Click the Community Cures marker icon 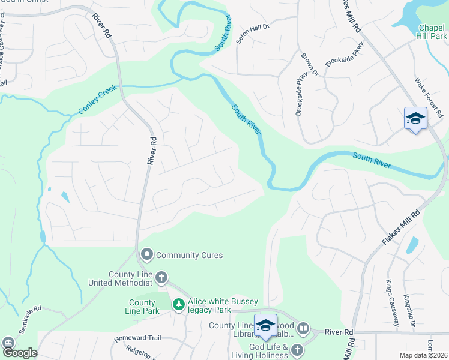(146, 256)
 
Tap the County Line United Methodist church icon (161, 277)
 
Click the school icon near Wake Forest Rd (415, 119)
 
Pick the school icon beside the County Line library (265, 326)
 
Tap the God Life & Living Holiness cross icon (296, 349)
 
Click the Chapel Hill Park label (432, 32)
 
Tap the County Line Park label (143, 307)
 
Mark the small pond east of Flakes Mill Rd (412, 245)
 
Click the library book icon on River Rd (303, 329)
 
